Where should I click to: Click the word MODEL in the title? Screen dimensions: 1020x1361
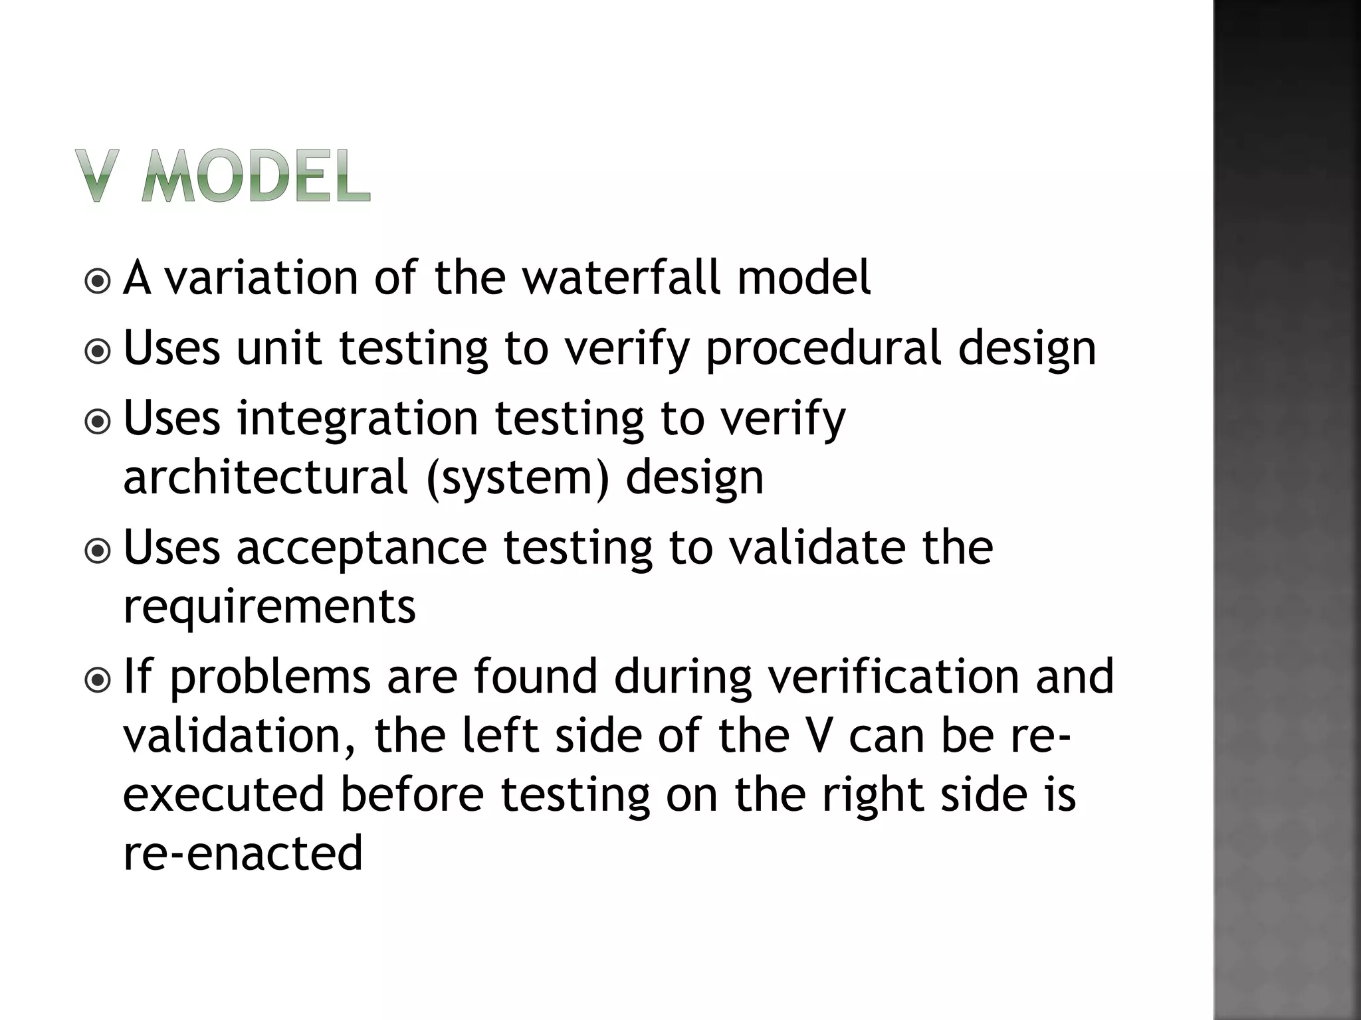[x=256, y=176]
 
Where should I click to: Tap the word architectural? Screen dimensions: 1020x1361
[x=265, y=477]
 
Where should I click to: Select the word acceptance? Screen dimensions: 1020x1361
[x=362, y=549]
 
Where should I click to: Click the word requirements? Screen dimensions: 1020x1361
[x=269, y=606]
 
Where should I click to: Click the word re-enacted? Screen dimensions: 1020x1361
[x=243, y=853]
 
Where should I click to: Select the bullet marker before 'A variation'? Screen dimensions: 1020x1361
[x=98, y=281]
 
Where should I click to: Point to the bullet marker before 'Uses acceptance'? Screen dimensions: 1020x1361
[x=98, y=550]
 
